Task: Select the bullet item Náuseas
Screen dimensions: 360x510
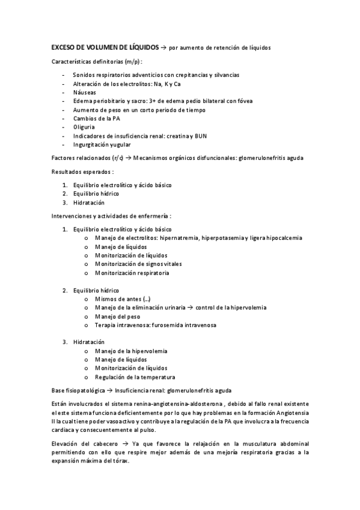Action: coord(84,92)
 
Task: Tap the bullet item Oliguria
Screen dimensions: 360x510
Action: coord(84,127)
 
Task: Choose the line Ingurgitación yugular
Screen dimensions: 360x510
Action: coord(102,144)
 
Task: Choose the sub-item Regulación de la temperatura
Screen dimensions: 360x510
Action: coord(135,377)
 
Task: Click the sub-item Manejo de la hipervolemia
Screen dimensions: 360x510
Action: coord(131,351)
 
